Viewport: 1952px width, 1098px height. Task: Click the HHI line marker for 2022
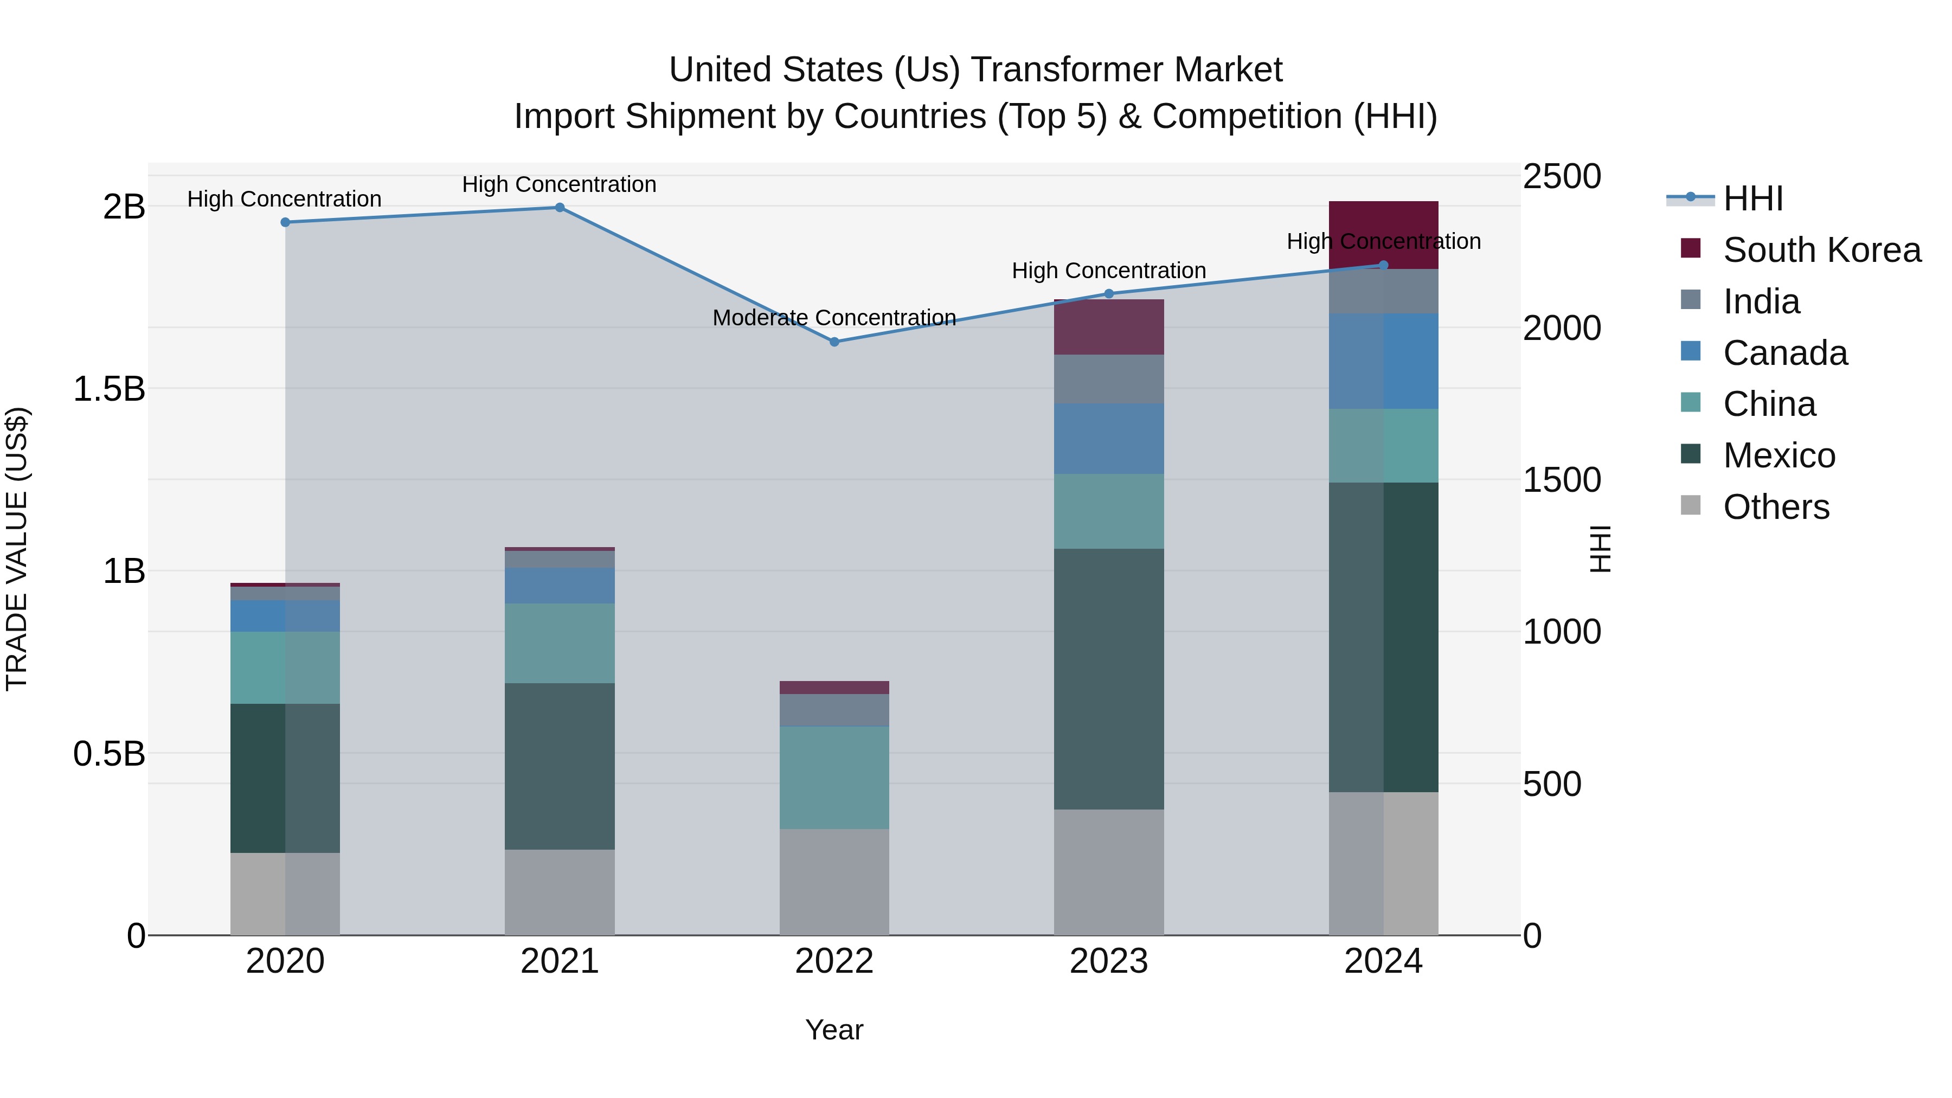pos(834,342)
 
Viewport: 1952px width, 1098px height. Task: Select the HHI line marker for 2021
pos(560,208)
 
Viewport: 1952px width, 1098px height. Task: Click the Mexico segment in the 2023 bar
pos(1109,678)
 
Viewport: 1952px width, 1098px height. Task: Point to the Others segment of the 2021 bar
pos(560,892)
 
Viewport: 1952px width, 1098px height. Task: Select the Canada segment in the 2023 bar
pos(1109,439)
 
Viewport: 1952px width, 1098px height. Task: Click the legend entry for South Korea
pos(1822,250)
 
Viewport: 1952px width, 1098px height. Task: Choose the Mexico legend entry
pos(1778,455)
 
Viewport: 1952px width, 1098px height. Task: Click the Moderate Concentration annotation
pos(834,318)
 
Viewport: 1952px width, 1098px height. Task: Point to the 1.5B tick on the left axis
pos(108,389)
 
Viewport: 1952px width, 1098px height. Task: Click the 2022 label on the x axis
pos(834,961)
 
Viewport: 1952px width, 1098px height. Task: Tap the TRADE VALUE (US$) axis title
pos(17,549)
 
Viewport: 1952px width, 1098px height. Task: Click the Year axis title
pos(834,1030)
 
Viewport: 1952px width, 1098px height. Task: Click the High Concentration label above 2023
pos(1109,271)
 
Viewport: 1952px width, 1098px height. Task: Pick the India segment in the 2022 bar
pos(834,709)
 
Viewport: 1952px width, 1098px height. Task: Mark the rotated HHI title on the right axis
pos(1599,549)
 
